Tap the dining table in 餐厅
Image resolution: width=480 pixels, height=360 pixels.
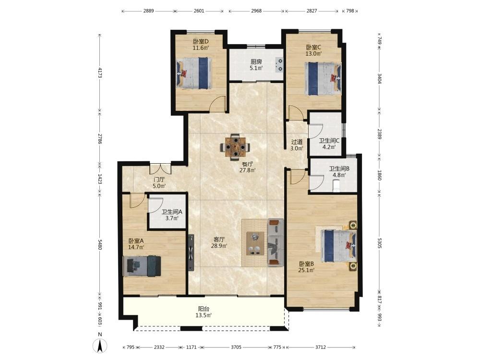click(235, 147)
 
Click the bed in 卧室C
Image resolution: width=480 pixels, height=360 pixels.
click(323, 78)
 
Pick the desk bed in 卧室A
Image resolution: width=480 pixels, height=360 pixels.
click(142, 266)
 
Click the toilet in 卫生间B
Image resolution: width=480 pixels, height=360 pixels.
click(336, 186)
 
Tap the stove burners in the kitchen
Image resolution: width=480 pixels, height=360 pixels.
click(279, 65)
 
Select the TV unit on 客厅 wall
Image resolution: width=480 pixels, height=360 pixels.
click(192, 253)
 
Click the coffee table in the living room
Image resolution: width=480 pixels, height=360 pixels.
click(255, 243)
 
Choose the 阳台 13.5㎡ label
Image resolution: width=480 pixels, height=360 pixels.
click(204, 312)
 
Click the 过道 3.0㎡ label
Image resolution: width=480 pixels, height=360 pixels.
click(297, 145)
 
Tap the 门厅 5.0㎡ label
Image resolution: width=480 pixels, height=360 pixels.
click(159, 183)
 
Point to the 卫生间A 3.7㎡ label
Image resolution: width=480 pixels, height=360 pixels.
click(172, 215)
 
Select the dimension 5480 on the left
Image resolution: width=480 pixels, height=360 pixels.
click(100, 245)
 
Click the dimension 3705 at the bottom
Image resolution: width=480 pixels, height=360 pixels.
click(236, 347)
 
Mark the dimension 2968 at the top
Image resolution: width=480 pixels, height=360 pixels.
click(256, 11)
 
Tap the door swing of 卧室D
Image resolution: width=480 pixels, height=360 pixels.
click(218, 103)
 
